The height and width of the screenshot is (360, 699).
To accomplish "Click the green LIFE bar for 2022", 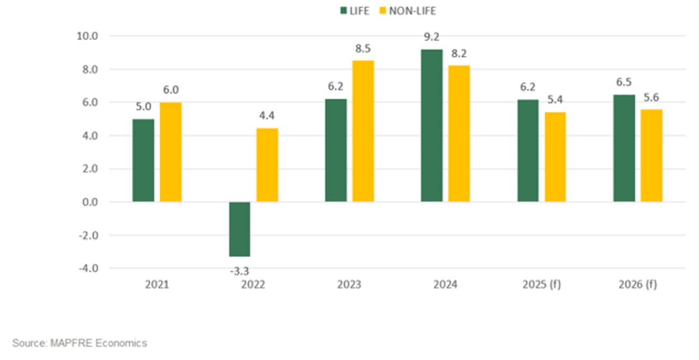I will pos(240,229).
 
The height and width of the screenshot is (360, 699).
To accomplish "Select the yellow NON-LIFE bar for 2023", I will pos(363,131).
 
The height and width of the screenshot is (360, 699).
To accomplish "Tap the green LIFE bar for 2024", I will pos(432,126).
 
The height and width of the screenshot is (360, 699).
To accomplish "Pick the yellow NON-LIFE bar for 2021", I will pos(170,152).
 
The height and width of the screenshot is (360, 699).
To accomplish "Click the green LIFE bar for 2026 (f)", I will pos(624,148).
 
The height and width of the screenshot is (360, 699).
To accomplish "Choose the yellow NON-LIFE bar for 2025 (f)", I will pos(555,157).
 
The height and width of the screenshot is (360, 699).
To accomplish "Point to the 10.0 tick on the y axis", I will pos(87,36).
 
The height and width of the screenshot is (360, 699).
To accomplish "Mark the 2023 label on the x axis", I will pos(349,285).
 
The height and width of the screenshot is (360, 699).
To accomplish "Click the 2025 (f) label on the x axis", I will pos(542,285).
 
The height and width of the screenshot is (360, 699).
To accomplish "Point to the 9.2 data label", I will pos(432,38).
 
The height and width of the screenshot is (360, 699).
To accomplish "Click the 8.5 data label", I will pos(363,49).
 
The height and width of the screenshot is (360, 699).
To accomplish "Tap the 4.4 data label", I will pos(267,117).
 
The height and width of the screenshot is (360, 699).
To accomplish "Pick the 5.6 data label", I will pos(652,98).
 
